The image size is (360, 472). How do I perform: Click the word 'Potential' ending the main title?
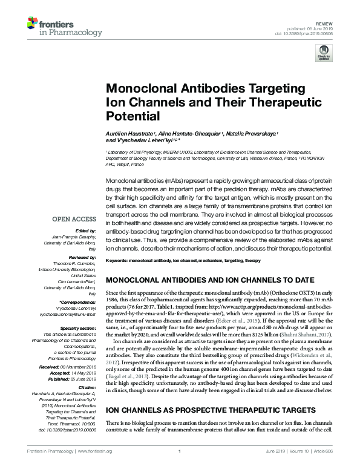point(132,115)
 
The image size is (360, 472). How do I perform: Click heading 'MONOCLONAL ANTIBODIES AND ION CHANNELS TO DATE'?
point(211,280)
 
